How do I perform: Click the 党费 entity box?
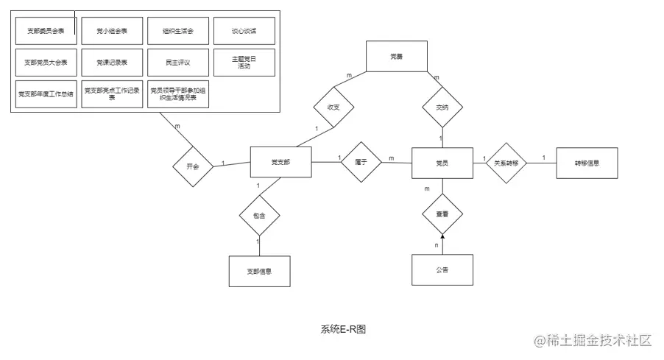coord(397,56)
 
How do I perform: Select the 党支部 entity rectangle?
coord(280,162)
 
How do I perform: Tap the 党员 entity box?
coord(442,162)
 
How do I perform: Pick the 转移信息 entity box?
coord(587,163)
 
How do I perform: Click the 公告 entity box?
coord(441,270)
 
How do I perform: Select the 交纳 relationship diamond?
coord(441,107)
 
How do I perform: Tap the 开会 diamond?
coord(193,166)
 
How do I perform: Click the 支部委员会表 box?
coord(45,31)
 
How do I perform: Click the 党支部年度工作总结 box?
coord(45,94)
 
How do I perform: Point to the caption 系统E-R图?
coord(343,329)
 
